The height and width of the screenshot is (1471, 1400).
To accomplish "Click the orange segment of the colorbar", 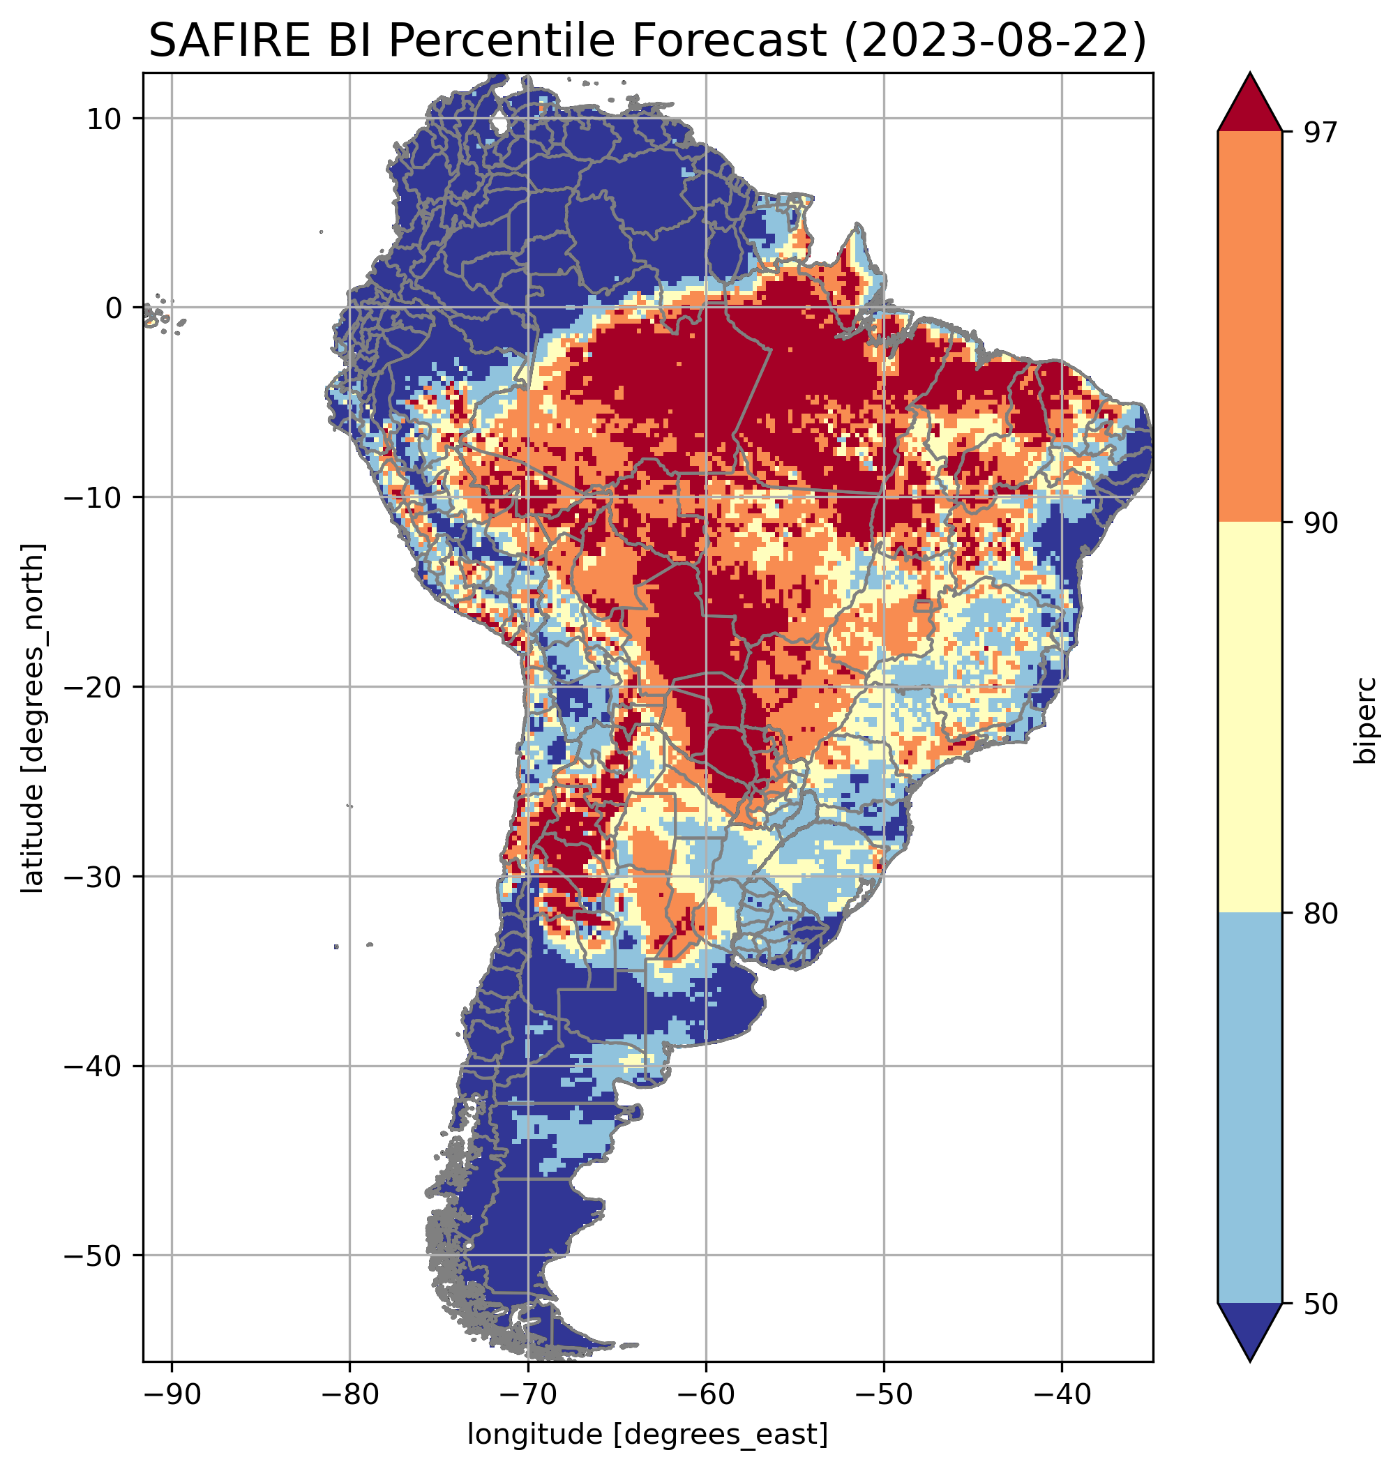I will tap(1249, 327).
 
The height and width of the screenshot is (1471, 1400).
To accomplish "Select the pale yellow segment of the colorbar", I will tap(1249, 717).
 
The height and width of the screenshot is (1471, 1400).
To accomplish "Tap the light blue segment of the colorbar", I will tap(1249, 1108).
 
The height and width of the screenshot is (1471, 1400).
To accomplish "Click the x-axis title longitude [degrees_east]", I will tap(648, 1433).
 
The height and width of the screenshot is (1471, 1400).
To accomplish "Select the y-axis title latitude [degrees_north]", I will tap(33, 718).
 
